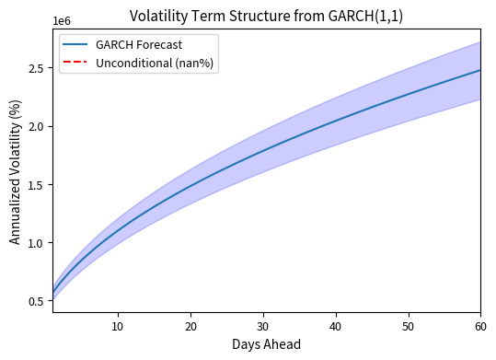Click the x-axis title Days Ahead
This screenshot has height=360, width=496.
[267, 344]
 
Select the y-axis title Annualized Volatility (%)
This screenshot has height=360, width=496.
[16, 173]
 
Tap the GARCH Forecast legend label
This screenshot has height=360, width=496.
[133, 44]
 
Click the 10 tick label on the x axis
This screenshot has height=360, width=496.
[118, 325]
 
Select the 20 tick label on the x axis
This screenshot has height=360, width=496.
[190, 325]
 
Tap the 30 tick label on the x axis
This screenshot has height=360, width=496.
[263, 325]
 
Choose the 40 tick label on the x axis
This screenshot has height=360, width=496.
[336, 325]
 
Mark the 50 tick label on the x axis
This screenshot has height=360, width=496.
[408, 325]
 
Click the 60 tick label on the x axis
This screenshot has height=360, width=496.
[480, 325]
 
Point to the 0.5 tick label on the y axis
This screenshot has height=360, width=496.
[37, 301]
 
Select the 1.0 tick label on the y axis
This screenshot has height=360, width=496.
[37, 243]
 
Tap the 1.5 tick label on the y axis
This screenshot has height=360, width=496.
[37, 185]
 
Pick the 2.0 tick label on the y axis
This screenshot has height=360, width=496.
[37, 126]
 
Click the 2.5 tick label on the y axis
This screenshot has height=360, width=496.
[37, 68]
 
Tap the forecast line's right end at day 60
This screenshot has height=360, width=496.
[480, 70]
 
